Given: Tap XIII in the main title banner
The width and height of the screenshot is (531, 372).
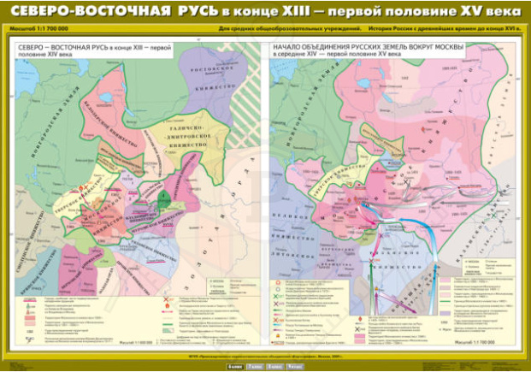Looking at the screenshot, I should (x=315, y=16).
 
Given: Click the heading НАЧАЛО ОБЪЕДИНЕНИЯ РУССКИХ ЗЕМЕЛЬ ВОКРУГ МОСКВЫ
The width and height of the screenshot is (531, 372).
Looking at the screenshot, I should (x=367, y=44).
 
